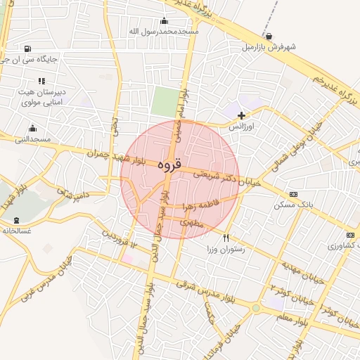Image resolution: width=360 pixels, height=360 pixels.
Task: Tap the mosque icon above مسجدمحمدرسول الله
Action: [165, 21]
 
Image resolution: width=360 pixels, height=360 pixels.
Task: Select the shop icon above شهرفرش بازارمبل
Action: [269, 37]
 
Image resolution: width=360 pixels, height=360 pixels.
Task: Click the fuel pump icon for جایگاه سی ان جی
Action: [27, 49]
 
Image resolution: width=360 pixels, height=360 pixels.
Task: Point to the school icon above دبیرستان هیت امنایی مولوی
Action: [41, 81]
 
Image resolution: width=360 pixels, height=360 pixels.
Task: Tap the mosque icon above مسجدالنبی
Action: [32, 128]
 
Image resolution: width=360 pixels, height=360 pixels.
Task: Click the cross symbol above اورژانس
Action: [242, 115]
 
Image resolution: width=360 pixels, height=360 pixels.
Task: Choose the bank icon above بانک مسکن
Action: [293, 194]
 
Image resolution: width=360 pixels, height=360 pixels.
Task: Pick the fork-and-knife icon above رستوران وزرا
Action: [226, 238]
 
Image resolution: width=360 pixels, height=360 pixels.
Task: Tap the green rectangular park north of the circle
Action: [165, 103]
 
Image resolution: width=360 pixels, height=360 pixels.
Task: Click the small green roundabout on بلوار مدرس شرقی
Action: [256, 308]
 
